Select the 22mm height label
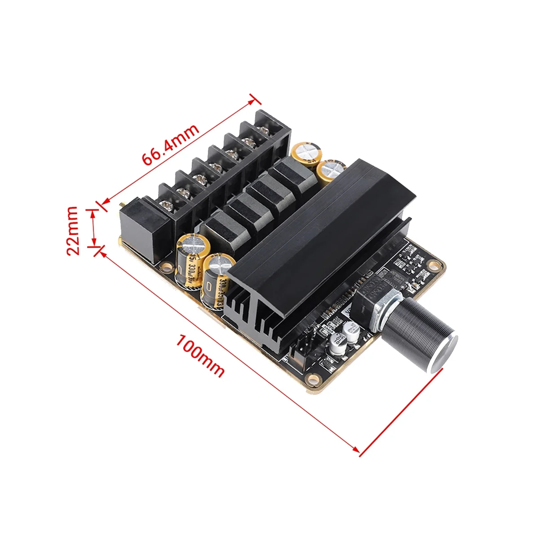73,230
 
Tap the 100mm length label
200,355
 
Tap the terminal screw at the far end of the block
262,128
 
